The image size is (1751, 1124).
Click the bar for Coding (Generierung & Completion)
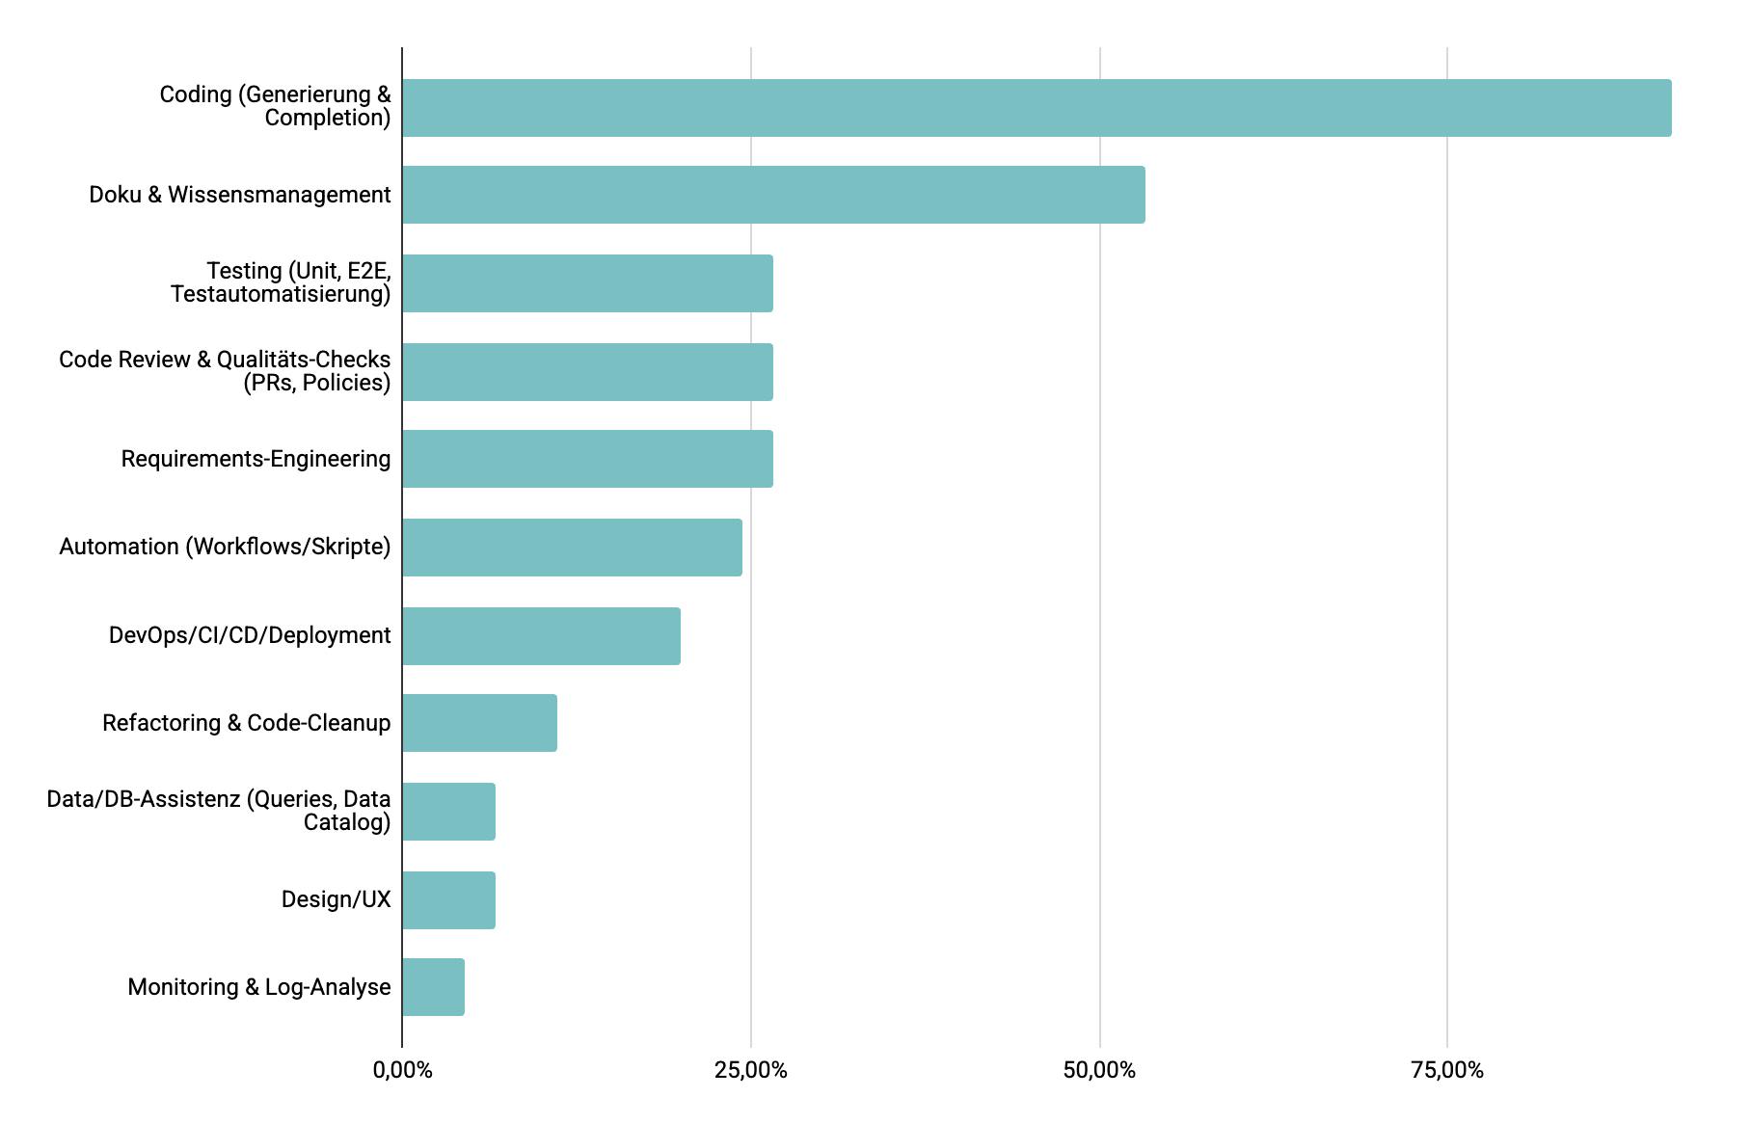[1037, 108]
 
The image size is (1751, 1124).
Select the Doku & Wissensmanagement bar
[773, 195]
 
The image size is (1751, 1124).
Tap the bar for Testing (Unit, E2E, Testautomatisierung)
[587, 283]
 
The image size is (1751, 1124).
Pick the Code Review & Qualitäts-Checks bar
[587, 372]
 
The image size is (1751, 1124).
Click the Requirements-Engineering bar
[587, 459]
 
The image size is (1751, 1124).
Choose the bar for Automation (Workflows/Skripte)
[572, 548]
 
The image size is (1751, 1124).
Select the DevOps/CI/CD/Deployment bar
[541, 636]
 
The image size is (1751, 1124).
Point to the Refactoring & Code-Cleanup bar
[479, 723]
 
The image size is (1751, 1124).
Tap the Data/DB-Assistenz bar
[448, 812]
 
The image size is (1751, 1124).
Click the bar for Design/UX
[448, 900]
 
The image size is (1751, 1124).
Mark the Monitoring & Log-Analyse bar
[433, 987]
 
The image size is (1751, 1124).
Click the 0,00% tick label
[402, 1070]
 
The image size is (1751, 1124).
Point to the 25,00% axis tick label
[750, 1070]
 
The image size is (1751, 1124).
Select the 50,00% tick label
[1099, 1070]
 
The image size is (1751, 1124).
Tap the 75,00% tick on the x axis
[1447, 1070]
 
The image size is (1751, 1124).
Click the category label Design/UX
[336, 899]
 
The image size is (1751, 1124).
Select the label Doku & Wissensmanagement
[240, 195]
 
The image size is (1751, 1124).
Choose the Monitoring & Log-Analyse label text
[259, 987]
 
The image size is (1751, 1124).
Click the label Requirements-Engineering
[256, 459]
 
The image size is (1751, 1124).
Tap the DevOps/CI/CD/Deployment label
[250, 635]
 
